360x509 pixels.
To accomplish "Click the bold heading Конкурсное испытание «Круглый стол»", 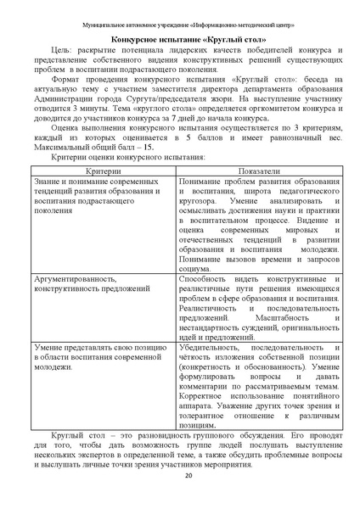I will (x=179, y=38).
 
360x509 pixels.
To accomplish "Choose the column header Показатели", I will (x=260, y=194).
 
